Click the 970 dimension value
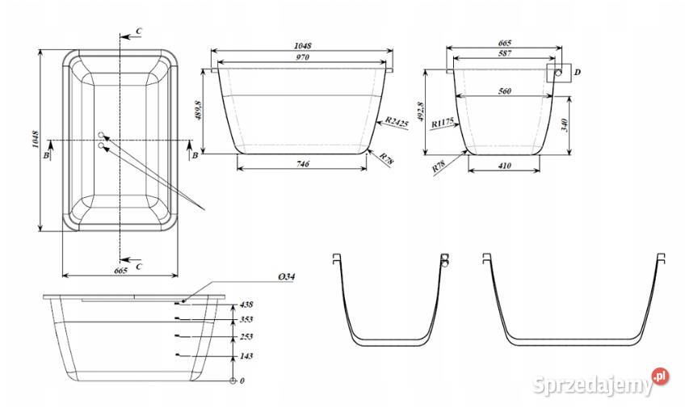coord(302,57)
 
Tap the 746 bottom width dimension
coord(303,164)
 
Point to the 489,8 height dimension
coord(200,111)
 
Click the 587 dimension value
coord(505,53)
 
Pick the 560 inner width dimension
coord(505,91)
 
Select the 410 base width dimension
coord(504,166)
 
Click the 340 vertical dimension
coord(564,125)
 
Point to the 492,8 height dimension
coord(421,111)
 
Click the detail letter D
coord(577,72)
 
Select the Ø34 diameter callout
coord(286,276)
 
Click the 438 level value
coord(246,305)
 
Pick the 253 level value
coord(246,337)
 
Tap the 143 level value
coord(246,356)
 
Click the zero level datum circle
coord(233,381)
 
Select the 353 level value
coord(246,319)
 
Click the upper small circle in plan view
coord(101,135)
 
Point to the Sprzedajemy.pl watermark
coord(601,383)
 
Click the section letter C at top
coord(138,31)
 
